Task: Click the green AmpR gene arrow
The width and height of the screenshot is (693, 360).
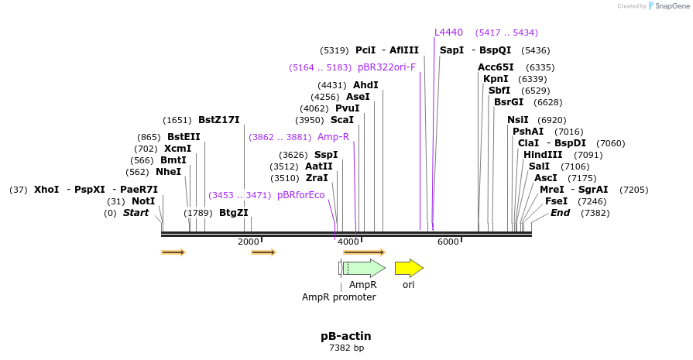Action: tap(363, 268)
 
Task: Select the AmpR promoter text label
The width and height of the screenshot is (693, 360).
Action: tap(338, 297)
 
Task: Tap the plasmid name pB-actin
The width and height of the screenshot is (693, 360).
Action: tap(346, 336)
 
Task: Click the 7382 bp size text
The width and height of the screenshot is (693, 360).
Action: tap(346, 348)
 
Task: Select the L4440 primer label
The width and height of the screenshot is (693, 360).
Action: tap(448, 33)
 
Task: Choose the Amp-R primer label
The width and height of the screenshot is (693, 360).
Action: tap(334, 137)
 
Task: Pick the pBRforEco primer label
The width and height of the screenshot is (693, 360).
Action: tap(301, 195)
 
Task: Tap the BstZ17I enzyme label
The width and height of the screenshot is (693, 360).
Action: tap(219, 120)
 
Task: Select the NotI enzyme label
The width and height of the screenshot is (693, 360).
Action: tap(143, 201)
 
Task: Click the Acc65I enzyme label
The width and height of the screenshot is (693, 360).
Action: tap(496, 67)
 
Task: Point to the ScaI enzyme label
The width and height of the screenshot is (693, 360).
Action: tap(342, 120)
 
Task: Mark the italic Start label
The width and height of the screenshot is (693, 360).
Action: tap(136, 213)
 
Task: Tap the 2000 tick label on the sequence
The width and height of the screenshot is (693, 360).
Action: tap(249, 242)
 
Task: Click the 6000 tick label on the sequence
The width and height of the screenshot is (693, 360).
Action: tap(448, 242)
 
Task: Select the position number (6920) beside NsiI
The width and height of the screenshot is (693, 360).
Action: tap(552, 120)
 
